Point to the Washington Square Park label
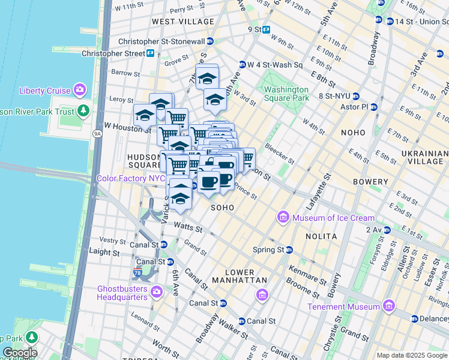[287, 94]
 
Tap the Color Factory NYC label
[131, 179]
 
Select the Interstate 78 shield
[137, 274]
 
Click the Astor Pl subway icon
[374, 107]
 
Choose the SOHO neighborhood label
[221, 207]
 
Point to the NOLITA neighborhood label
[322, 237]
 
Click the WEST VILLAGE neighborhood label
[182, 22]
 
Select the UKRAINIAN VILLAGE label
[423, 158]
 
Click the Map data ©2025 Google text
[411, 355]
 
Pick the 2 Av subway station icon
[387, 230]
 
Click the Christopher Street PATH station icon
[150, 53]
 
